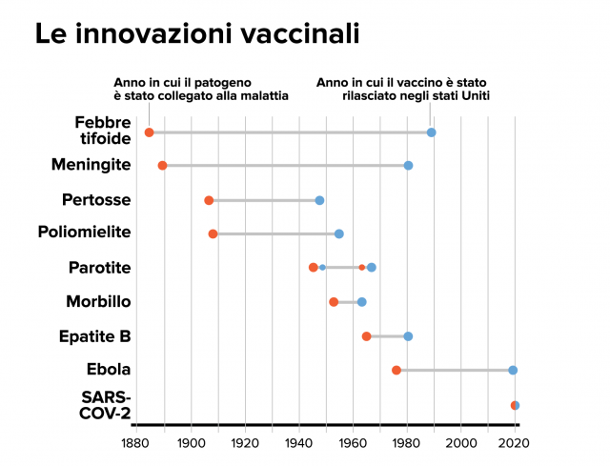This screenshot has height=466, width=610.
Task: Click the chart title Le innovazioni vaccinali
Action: tap(197, 35)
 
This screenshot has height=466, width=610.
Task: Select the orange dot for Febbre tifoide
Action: tap(149, 132)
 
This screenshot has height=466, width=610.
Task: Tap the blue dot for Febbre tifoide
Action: tap(431, 132)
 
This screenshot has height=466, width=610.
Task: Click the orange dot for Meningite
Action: tap(162, 166)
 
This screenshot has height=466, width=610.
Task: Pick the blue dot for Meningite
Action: tap(408, 166)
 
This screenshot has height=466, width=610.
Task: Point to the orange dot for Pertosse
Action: tap(209, 200)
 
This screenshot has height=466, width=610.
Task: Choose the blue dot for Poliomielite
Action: tap(338, 233)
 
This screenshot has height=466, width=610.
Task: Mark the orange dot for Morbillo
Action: tap(334, 302)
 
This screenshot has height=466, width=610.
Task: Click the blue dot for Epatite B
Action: tap(408, 335)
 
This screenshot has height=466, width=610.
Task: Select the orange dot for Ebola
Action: tap(396, 370)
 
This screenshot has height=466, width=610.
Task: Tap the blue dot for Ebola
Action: tap(513, 370)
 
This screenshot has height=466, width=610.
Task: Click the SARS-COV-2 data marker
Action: tap(515, 405)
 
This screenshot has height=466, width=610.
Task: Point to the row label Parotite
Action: tap(100, 268)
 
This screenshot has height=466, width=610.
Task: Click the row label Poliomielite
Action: tap(85, 233)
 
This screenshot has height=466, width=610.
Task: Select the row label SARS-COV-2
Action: tap(106, 405)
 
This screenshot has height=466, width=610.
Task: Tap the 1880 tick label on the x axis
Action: tap(135, 443)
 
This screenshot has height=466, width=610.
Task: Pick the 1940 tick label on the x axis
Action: tap(298, 443)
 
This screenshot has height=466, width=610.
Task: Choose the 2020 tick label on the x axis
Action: tap(515, 443)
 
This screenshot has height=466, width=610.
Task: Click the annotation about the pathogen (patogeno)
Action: tap(200, 89)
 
